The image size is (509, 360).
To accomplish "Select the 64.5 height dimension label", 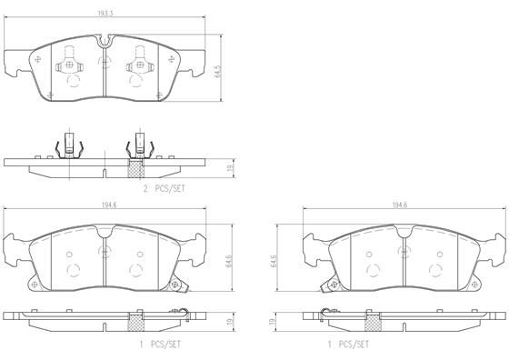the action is (218, 72).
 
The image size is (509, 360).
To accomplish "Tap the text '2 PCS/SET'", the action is (165, 188).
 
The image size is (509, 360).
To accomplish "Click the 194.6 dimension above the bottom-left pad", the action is (109, 205).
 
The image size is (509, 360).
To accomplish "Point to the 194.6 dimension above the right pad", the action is (400, 205).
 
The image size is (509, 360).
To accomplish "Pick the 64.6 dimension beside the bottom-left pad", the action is (228, 261).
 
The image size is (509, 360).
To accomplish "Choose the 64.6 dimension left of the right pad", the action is (274, 261).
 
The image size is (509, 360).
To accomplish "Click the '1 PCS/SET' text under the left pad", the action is (160, 345).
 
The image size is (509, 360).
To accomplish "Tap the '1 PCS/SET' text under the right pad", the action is (348, 345).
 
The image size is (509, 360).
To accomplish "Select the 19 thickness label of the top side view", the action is (231, 168).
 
